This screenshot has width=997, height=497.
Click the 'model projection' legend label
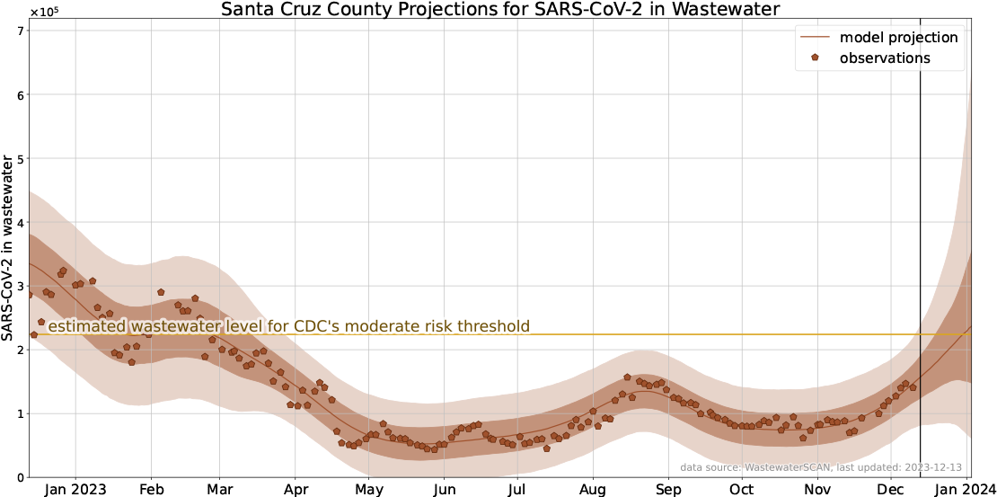click(898, 37)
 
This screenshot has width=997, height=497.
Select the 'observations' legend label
click(885, 58)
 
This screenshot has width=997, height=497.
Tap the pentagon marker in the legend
click(815, 58)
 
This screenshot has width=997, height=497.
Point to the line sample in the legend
click(815, 37)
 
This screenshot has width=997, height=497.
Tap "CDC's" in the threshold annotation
click(316, 326)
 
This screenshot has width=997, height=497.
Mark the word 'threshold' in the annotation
click(492, 326)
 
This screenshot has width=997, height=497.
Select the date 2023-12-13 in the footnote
click(930, 467)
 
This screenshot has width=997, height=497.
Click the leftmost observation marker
click(30, 295)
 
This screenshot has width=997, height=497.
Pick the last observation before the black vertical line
click(913, 386)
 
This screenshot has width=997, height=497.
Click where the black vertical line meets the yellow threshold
click(921, 334)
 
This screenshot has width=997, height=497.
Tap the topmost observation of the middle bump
click(627, 377)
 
